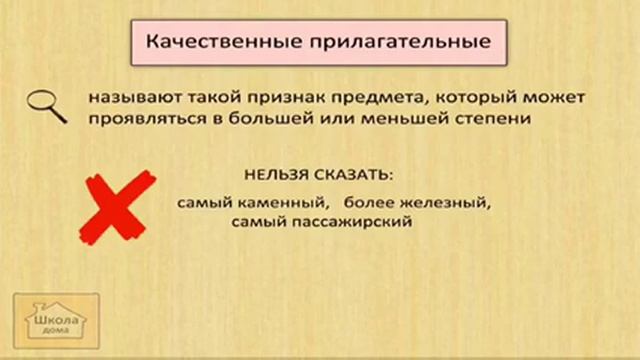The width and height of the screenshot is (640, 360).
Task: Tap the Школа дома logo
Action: (x=56, y=322)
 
